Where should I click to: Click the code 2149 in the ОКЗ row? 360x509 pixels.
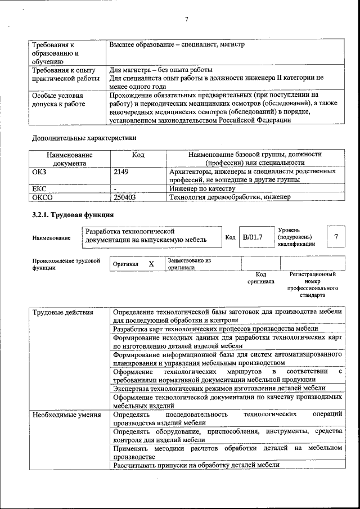121,172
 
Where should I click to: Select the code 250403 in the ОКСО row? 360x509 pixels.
125,197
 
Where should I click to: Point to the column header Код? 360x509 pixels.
138,154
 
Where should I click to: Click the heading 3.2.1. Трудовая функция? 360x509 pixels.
73,215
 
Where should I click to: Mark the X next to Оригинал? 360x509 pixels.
151,264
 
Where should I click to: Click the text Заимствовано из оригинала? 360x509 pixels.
189,264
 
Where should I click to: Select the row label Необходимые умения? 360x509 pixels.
66,415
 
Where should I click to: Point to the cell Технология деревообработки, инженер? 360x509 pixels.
229,197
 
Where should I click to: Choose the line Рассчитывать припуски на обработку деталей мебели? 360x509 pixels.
196,465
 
